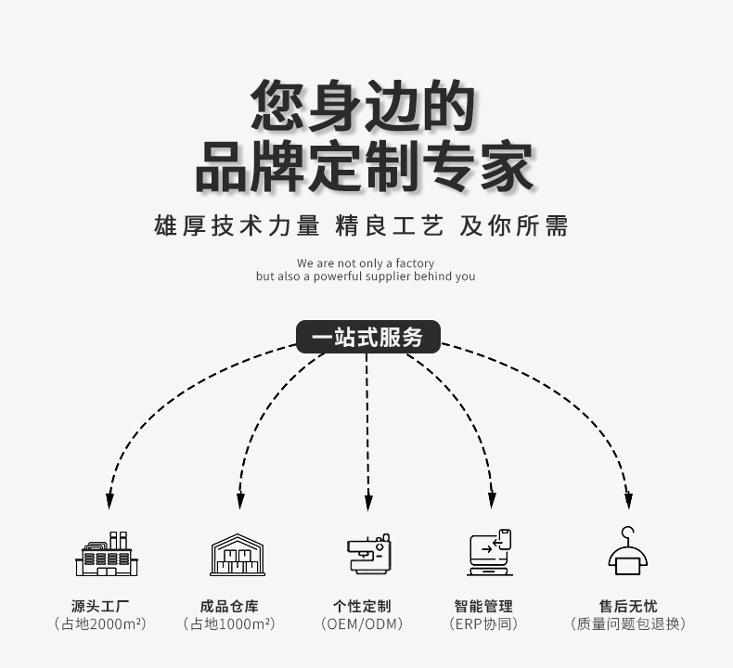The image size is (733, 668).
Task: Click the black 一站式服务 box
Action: pos(367,337)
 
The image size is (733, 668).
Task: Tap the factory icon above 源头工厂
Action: pos(107,555)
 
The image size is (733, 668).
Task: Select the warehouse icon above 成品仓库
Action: pos(238,555)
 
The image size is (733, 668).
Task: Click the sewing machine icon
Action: pos(368,554)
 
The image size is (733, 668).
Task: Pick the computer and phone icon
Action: pos(491,554)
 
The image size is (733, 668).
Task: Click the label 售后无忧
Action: pos(628,606)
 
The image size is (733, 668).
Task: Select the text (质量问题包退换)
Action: pos(628,624)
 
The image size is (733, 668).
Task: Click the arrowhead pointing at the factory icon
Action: pos(109,501)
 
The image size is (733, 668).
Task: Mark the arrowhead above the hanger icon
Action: pos(628,501)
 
